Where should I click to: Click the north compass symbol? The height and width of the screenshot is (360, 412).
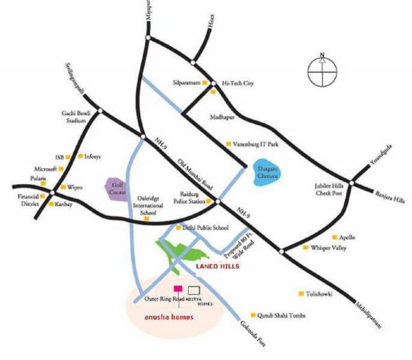[321, 69]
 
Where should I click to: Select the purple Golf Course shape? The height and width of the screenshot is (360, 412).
[114, 190]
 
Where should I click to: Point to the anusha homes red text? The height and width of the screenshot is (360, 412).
[168, 317]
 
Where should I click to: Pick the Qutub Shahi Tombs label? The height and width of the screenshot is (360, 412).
[283, 316]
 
